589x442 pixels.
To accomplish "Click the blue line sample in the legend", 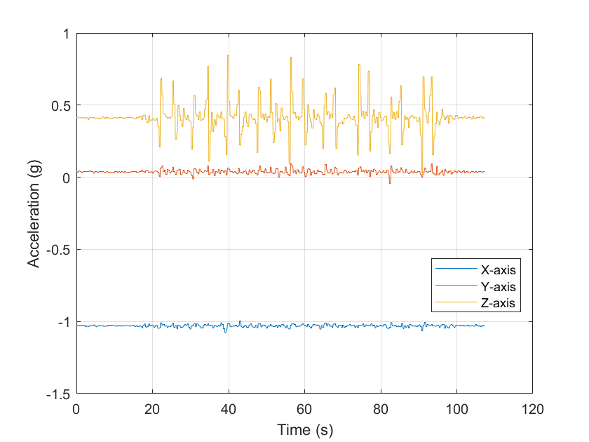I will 454,269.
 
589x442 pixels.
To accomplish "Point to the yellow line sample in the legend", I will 454,303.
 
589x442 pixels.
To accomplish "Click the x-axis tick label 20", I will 152,408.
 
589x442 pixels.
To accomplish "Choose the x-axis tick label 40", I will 229,408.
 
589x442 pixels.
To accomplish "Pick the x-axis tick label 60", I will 304,408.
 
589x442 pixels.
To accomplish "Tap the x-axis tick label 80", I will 381,408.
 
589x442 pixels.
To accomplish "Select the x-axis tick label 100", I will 456,408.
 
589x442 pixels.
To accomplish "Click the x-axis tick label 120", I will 532,408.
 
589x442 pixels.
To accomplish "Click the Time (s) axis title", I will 304,429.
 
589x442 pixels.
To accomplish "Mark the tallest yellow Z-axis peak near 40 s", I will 227,55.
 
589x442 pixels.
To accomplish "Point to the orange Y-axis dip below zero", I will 390,182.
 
